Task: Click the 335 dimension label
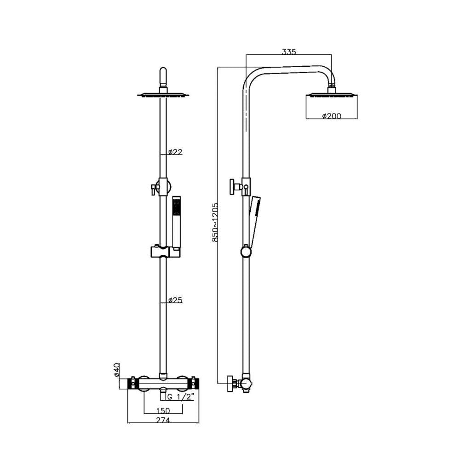(x=289, y=52)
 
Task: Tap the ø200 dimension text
(x=331, y=116)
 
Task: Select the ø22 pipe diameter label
(x=176, y=152)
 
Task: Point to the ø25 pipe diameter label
(x=176, y=300)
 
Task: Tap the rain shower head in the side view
(x=331, y=95)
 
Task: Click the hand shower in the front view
(x=177, y=221)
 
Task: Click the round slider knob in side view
(x=247, y=252)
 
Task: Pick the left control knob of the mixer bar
(x=132, y=383)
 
